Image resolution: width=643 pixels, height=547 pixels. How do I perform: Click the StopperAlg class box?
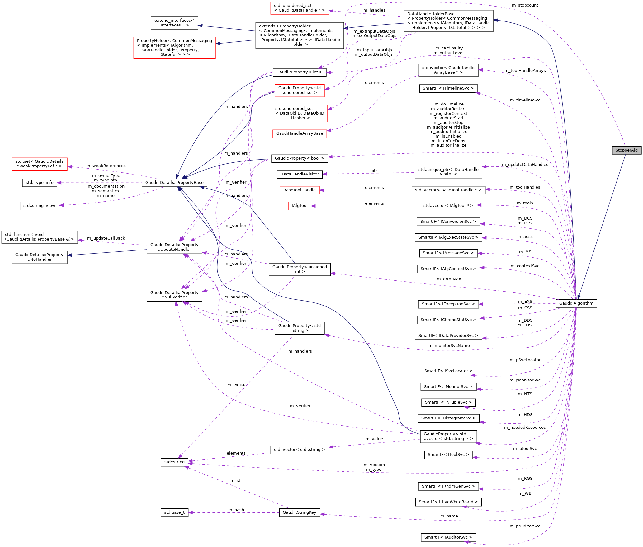[626, 150]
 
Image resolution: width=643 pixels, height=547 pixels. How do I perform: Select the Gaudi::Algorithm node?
[576, 303]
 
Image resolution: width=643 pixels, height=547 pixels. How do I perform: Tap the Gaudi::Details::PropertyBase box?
[174, 183]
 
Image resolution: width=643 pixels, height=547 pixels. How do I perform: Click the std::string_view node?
[40, 206]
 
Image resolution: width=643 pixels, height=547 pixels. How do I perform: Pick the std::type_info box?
[40, 183]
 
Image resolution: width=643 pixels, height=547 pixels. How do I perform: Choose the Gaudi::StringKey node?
[299, 512]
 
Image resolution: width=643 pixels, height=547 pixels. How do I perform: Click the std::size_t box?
[174, 512]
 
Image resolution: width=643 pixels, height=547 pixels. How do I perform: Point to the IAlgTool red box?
[299, 206]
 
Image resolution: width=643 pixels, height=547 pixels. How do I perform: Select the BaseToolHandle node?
[299, 190]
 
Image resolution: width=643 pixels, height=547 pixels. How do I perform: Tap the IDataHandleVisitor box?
[299, 174]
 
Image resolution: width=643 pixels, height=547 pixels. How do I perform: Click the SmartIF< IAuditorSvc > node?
[448, 537]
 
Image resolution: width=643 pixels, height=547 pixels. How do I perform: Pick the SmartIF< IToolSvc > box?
[448, 455]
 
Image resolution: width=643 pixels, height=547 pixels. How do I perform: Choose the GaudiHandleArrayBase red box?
[299, 133]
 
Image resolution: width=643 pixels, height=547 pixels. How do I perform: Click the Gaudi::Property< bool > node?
[299, 158]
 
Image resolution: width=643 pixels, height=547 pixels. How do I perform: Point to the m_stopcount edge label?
[525, 5]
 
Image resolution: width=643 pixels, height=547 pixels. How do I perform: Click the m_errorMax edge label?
[449, 279]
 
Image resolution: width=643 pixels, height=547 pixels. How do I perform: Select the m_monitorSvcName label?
[449, 346]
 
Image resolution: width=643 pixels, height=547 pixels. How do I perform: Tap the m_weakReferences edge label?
[106, 166]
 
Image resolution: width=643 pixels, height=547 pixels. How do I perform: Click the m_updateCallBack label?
[106, 238]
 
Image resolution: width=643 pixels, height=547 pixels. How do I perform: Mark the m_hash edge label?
[236, 510]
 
